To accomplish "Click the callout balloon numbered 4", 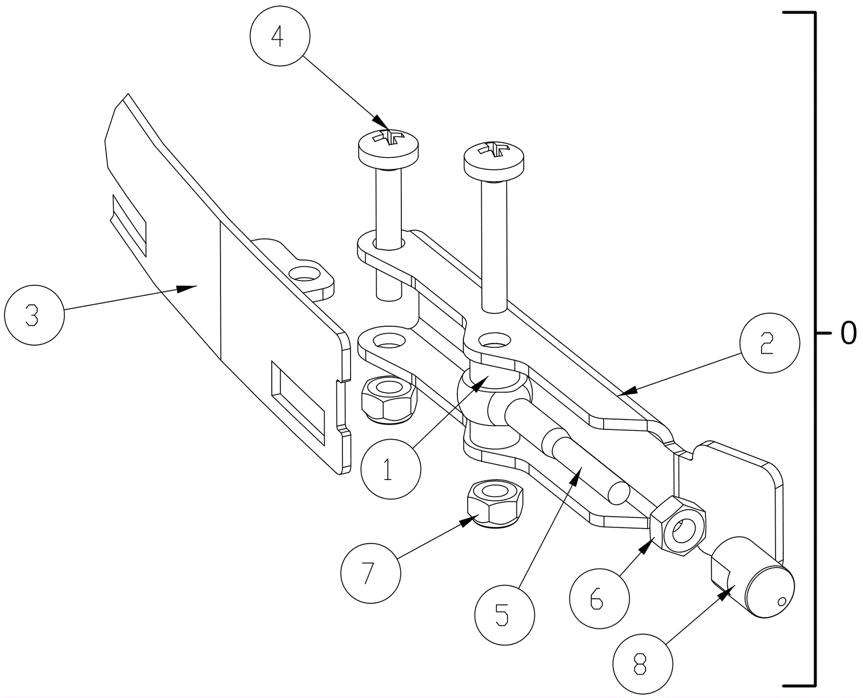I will [280, 36].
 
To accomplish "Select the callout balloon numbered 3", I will [34, 314].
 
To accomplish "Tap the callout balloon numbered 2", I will [769, 343].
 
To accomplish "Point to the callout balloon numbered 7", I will [371, 572].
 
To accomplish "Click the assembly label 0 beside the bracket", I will [848, 333].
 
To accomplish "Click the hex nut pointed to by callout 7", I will [495, 502].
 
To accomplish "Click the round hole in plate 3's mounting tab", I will [304, 273].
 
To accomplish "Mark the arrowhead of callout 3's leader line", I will [191, 288].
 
